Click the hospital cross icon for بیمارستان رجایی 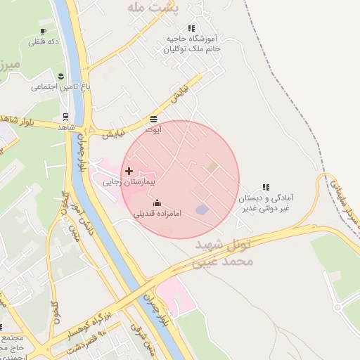click(128, 171)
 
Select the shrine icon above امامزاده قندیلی click(156, 203)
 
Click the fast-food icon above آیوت click(153, 119)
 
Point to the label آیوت click(153, 129)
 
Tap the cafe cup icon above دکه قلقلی click(43, 32)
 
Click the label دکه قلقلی click(43, 42)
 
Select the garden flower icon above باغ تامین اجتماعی click(60, 76)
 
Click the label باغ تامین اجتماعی click(62, 87)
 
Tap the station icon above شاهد click(65, 117)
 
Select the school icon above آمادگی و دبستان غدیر click(266, 187)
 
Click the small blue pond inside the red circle click(202, 210)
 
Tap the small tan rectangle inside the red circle click(212, 167)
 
